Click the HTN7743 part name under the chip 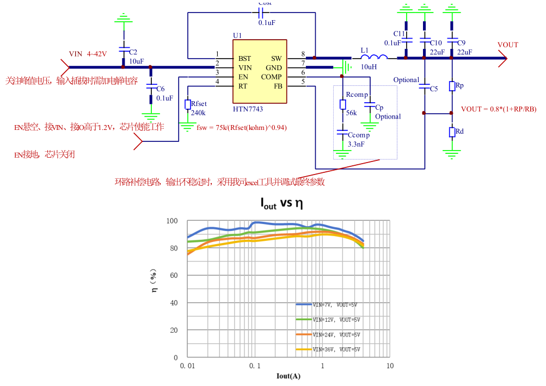tap(248, 109)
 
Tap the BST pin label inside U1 tap(244, 58)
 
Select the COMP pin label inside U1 tap(272, 77)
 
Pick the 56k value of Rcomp tap(351, 113)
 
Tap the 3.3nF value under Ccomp tap(357, 145)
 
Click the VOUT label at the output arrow tap(508, 45)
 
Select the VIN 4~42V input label tap(88, 54)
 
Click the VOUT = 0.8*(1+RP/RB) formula tap(499, 109)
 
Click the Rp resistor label tap(460, 86)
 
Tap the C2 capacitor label tap(133, 52)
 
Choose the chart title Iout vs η tap(281, 204)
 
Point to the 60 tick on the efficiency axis tap(173, 276)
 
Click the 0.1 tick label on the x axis tap(255, 366)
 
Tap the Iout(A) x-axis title tap(289, 376)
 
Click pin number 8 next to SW tap(303, 54)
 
